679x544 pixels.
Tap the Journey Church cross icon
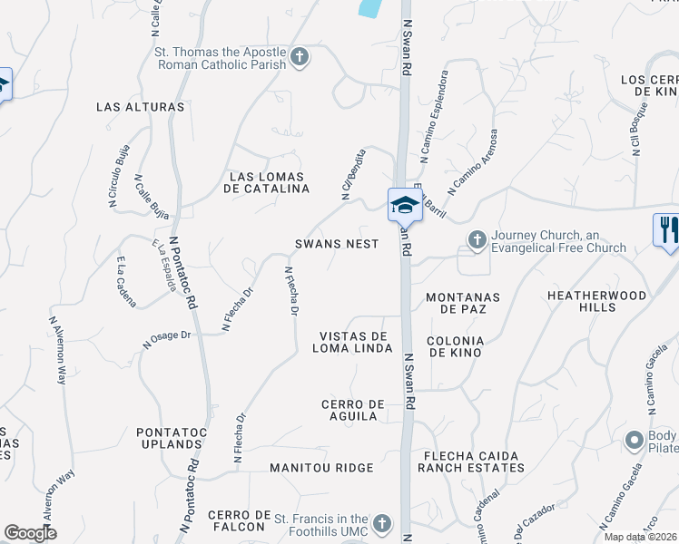(477, 239)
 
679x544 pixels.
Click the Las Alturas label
(141, 107)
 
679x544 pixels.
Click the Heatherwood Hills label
(596, 302)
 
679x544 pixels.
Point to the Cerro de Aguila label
(349, 410)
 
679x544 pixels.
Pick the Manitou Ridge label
(321, 468)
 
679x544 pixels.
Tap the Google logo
(30, 533)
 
